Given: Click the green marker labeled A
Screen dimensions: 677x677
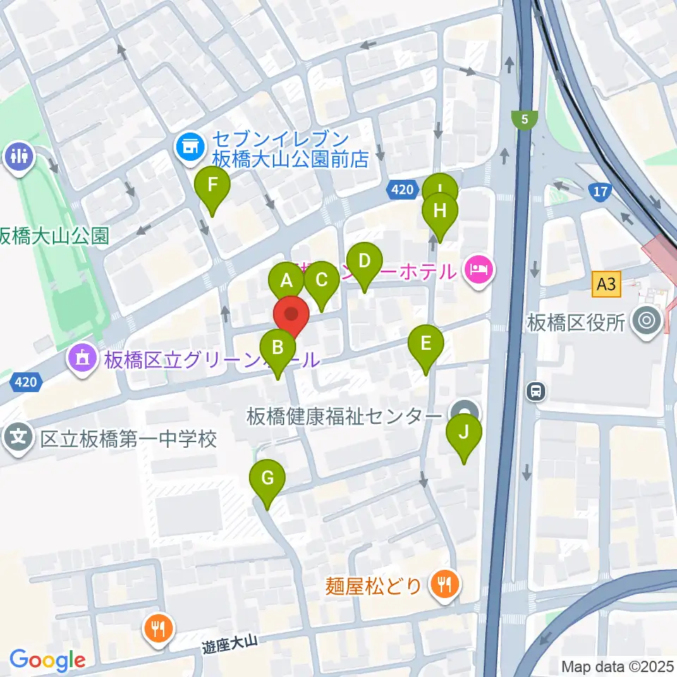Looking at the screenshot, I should pyautogui.click(x=286, y=281).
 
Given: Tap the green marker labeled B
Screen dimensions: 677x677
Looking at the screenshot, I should pyautogui.click(x=278, y=347).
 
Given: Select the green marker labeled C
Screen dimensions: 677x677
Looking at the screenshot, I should pyautogui.click(x=322, y=280).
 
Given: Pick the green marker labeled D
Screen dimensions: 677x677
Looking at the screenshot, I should pyautogui.click(x=364, y=261).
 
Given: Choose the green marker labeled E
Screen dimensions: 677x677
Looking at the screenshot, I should pyautogui.click(x=426, y=343).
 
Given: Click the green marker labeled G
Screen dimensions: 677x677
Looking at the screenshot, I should pyautogui.click(x=267, y=479).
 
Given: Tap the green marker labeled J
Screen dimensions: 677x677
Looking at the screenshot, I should pyautogui.click(x=463, y=432).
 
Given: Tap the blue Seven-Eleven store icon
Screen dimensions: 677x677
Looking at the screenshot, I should pyautogui.click(x=188, y=147).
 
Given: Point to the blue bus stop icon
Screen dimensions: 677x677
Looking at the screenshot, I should pyautogui.click(x=537, y=390).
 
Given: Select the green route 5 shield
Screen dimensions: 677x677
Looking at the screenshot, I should pyautogui.click(x=523, y=121).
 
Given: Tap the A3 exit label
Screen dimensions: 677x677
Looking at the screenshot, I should pyautogui.click(x=606, y=286).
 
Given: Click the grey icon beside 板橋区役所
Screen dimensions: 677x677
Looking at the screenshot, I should pyautogui.click(x=647, y=322).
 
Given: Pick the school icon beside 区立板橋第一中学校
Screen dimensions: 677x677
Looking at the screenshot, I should pyautogui.click(x=18, y=438).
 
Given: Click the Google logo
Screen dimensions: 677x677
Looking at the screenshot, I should pyautogui.click(x=47, y=660).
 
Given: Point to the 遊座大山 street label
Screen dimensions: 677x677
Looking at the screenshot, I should pyautogui.click(x=231, y=642).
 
